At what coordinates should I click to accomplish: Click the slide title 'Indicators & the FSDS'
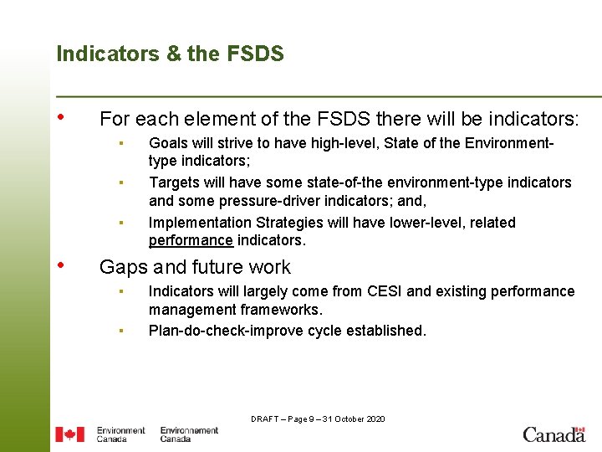coord(170,54)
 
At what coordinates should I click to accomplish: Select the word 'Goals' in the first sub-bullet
coord(168,144)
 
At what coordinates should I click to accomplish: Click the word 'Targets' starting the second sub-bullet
coord(174,182)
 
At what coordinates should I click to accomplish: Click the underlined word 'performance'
coord(191,241)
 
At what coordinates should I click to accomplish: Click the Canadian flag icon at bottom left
coord(69,434)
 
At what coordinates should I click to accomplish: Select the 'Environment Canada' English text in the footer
coord(120,434)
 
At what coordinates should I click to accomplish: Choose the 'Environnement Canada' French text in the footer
coord(189,434)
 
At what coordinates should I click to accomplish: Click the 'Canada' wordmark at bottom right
coord(554,434)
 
